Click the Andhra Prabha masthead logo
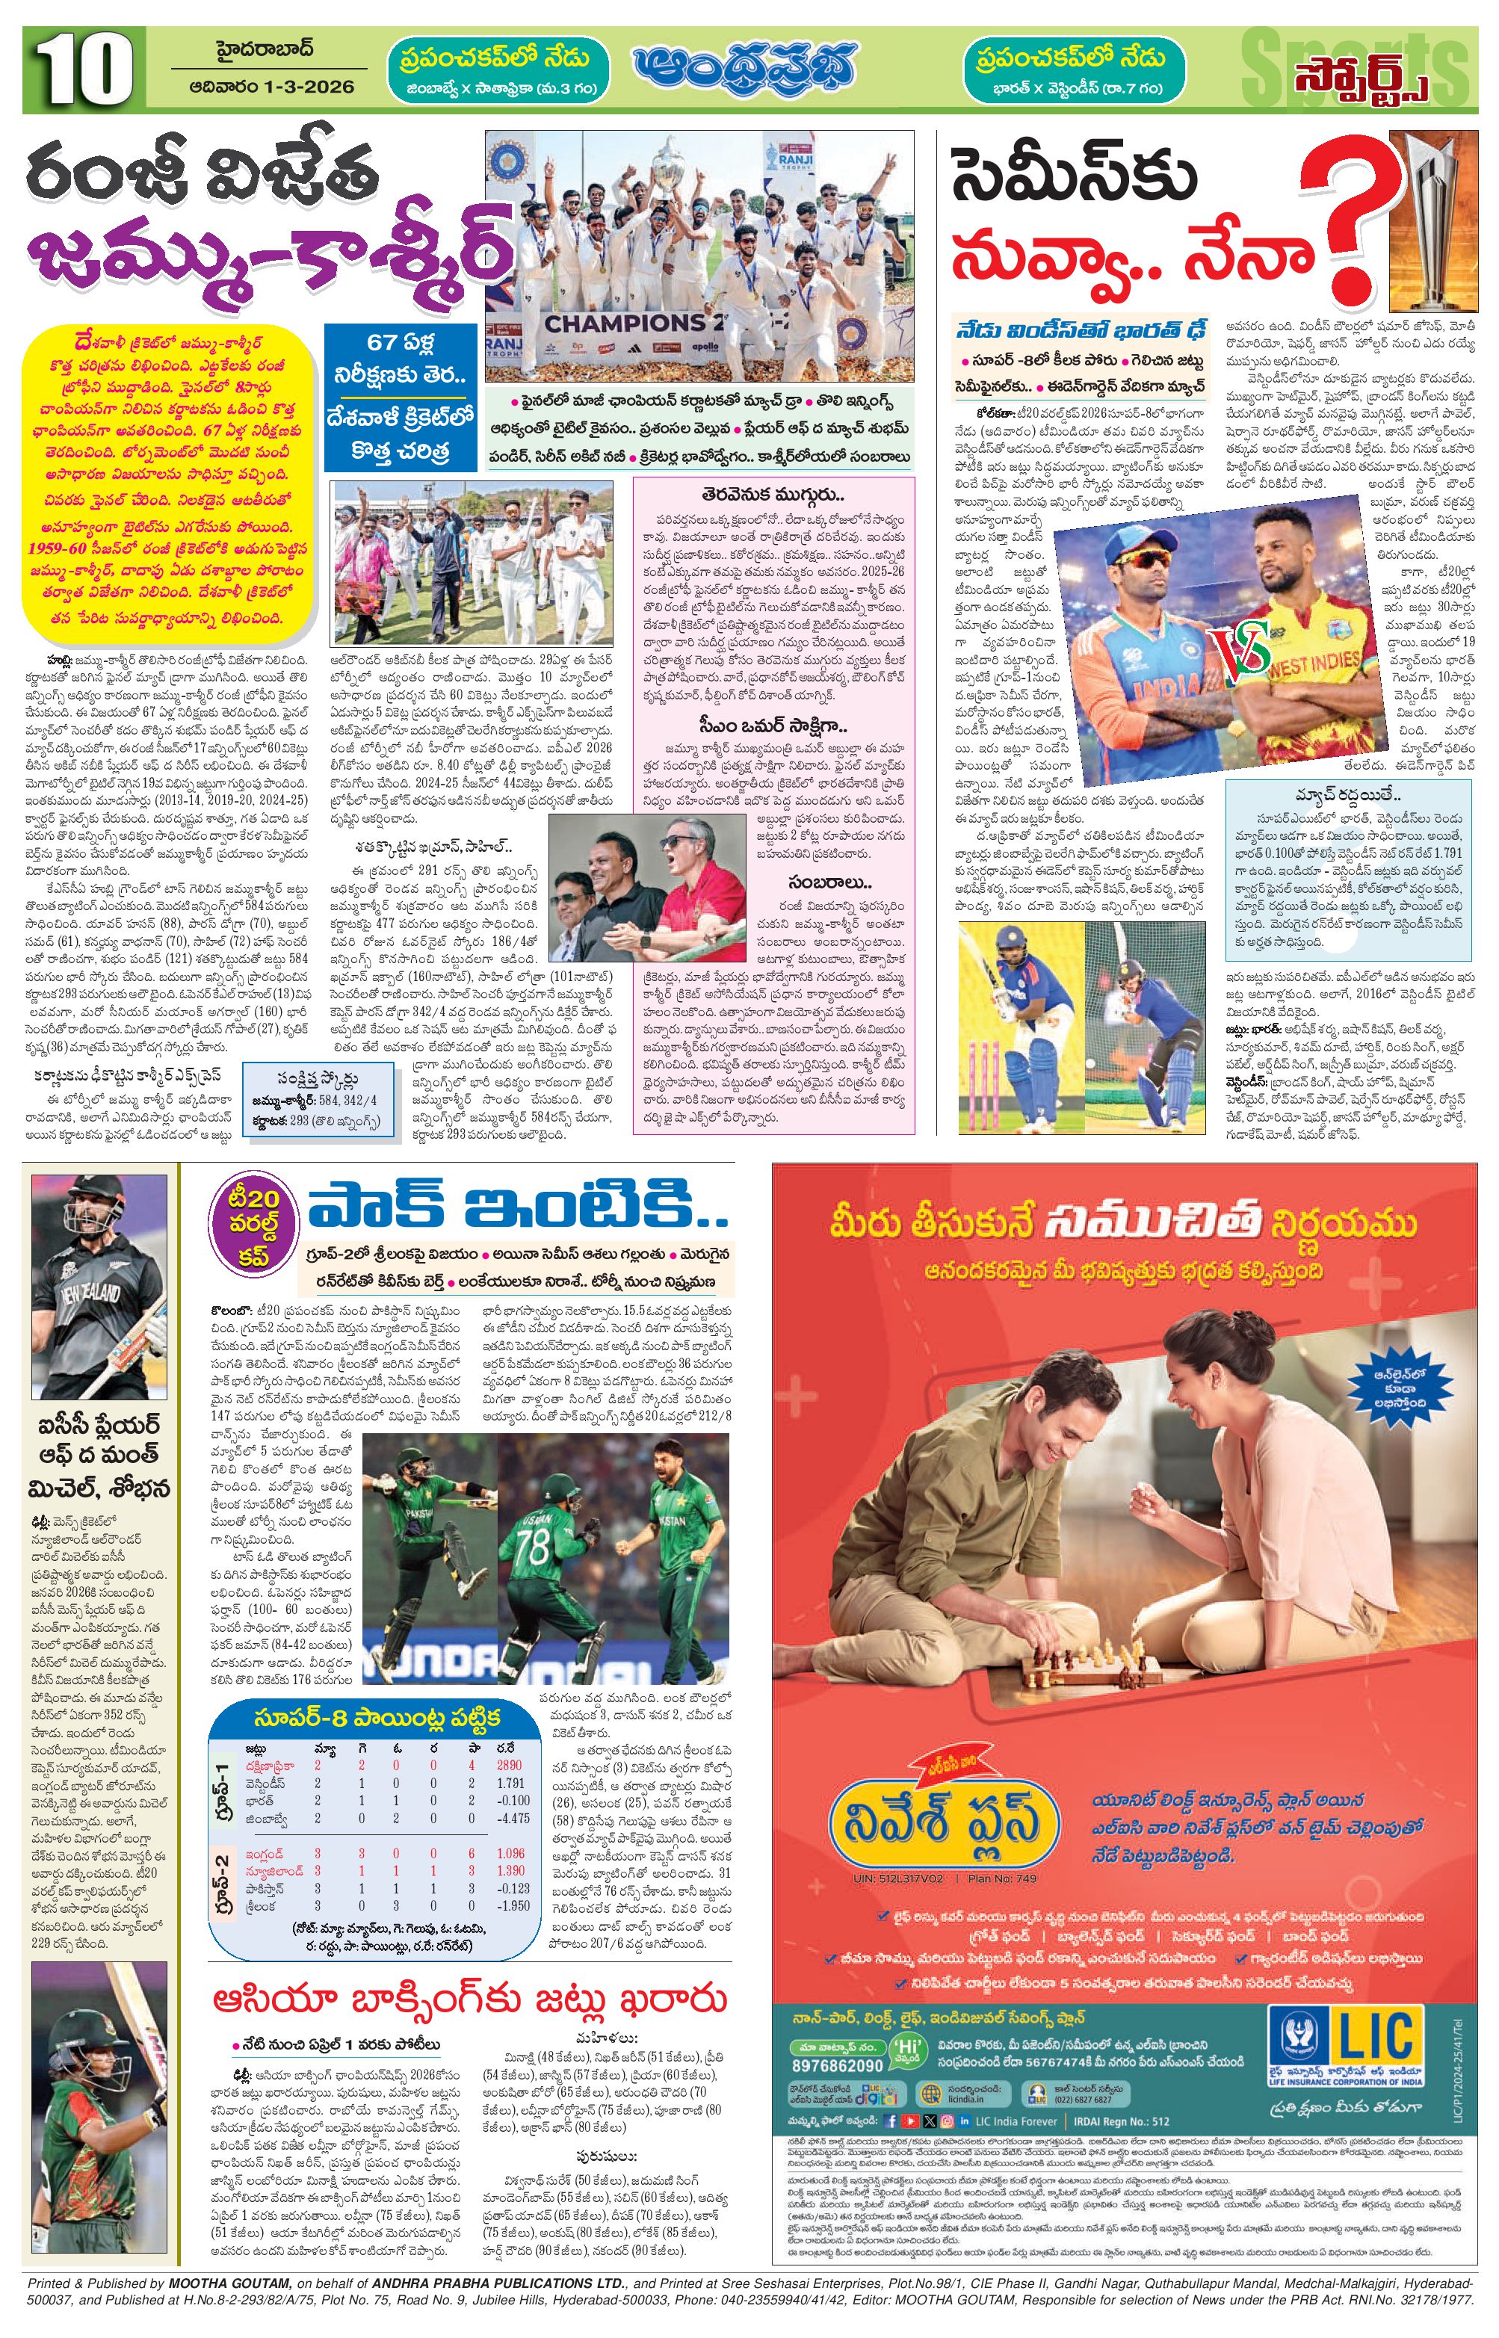click(x=744, y=68)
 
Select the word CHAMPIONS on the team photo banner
click(x=624, y=323)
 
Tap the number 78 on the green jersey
click(x=533, y=1547)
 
